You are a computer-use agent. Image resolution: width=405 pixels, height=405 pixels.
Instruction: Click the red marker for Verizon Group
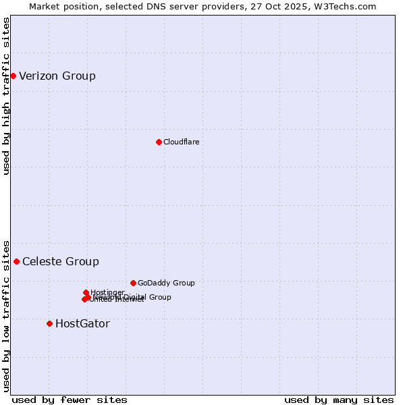(13, 76)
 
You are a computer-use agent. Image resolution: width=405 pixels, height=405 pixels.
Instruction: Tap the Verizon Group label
(57, 76)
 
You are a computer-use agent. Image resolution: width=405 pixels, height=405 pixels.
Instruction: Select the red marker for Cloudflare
(159, 142)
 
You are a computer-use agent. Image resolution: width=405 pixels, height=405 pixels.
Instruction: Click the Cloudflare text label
(181, 142)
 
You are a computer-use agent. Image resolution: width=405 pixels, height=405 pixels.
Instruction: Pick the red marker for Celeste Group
(16, 261)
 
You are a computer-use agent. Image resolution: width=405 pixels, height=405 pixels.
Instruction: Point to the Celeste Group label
(61, 261)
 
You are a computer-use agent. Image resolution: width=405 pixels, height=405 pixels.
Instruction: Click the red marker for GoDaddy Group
(133, 283)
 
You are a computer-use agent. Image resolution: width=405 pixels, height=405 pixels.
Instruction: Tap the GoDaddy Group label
(166, 283)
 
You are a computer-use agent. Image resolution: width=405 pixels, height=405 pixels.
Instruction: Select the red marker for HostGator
(49, 323)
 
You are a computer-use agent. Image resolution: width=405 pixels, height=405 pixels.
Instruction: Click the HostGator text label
(82, 323)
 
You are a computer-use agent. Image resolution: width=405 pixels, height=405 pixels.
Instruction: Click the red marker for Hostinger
(86, 292)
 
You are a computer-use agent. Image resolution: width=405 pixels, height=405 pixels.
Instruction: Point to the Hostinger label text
(107, 292)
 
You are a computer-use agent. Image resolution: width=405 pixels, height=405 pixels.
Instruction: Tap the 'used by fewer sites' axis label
(70, 400)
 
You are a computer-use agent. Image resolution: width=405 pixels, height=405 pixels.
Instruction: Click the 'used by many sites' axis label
(339, 400)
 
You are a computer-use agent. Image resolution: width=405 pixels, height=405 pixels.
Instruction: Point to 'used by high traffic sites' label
(6, 96)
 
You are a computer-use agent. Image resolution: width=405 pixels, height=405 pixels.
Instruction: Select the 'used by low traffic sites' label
(6, 315)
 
